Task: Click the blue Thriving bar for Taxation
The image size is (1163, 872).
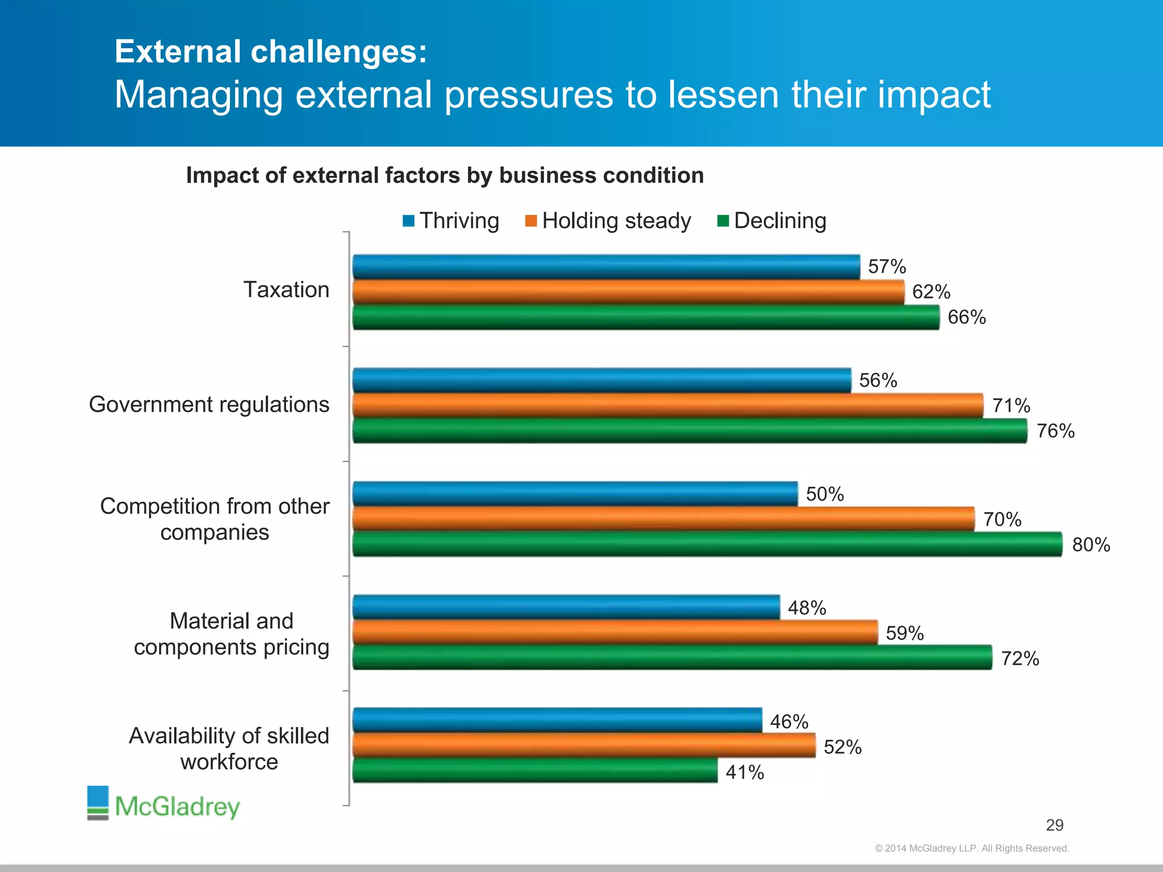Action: click(x=606, y=267)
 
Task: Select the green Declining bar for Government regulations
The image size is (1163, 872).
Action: click(x=689, y=431)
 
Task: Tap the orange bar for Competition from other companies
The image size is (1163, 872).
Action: click(x=663, y=519)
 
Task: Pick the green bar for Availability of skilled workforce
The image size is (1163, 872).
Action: click(x=535, y=771)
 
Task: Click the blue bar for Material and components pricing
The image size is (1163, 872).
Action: click(x=566, y=607)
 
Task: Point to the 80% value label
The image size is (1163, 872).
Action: click(x=1091, y=545)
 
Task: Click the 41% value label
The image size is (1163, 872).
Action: click(x=744, y=773)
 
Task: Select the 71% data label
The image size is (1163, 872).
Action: click(x=1011, y=406)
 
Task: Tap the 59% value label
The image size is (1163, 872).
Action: click(x=905, y=634)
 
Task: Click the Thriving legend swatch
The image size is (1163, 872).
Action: click(x=408, y=221)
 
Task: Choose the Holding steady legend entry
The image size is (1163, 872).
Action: click(x=616, y=221)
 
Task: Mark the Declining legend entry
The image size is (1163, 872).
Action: click(x=779, y=221)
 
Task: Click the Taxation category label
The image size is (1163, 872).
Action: click(x=286, y=290)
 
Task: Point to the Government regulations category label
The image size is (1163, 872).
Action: click(x=209, y=405)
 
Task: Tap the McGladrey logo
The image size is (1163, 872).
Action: click(x=164, y=804)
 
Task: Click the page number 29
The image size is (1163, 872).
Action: click(x=1055, y=825)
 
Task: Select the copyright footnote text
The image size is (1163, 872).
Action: click(x=972, y=848)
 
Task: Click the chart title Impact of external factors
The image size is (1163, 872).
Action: click(x=445, y=175)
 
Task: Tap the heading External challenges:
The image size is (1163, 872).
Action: click(x=271, y=52)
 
